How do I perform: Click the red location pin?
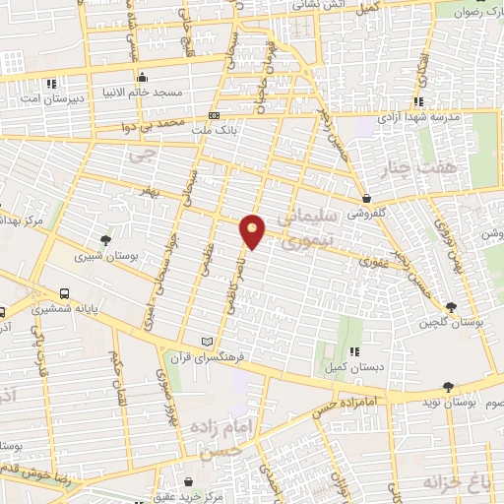253,230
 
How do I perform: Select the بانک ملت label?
214,128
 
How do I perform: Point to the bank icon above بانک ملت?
214,114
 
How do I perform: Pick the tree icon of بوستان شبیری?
106,239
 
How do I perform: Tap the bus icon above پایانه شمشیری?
64,293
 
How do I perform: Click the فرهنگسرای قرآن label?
206,356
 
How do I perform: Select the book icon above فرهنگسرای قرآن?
206,341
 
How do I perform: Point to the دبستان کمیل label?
346,367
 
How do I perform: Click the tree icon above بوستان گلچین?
451,307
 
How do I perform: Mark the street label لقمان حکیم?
116,373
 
